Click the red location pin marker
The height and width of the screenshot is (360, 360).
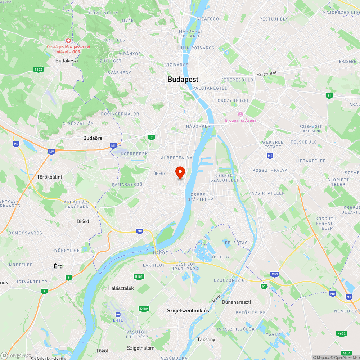(180, 172)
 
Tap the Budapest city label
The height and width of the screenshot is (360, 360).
(183, 80)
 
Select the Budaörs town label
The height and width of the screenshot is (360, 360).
(93, 138)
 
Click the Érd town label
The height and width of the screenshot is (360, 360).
(58, 266)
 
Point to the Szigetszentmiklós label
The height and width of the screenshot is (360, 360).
(188, 310)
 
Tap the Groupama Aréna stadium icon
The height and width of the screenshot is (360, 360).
(240, 114)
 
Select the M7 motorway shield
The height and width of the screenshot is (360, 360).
(51, 152)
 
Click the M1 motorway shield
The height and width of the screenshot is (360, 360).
(113, 146)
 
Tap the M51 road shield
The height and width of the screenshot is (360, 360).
(275, 274)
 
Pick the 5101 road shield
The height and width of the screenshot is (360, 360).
(139, 277)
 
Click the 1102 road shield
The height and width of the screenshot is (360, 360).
(37, 69)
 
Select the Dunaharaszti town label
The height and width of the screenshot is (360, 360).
(236, 302)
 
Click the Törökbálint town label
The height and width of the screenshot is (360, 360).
(50, 177)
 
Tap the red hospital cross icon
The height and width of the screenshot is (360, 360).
(68, 41)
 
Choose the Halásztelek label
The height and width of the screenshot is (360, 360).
(121, 288)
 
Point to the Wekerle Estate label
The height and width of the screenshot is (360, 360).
(273, 144)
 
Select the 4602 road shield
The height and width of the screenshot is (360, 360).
(342, 334)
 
